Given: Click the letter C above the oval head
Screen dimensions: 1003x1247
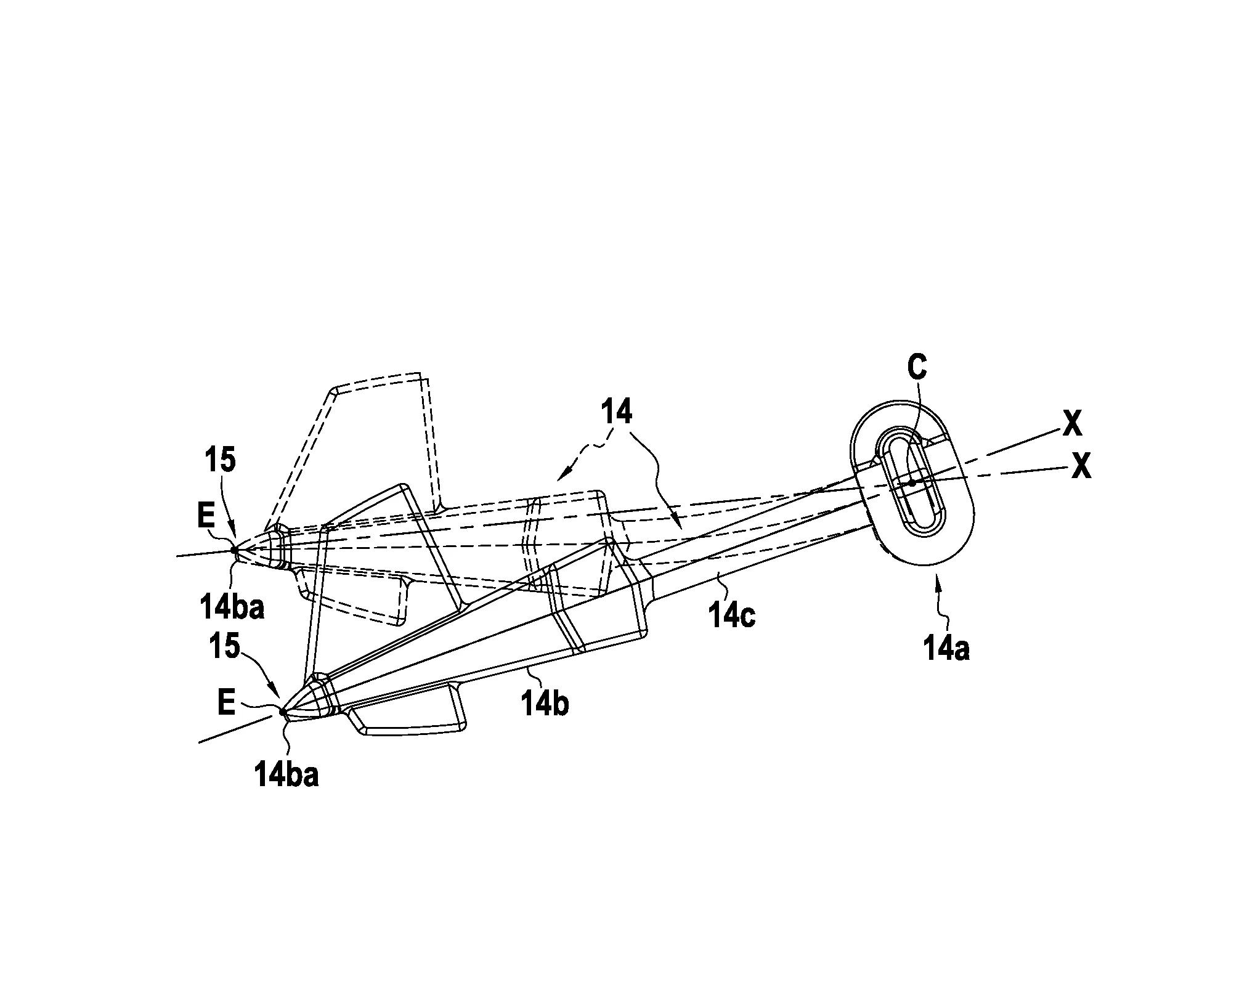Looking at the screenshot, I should pos(917,368).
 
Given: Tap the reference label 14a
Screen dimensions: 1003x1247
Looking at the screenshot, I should pos(946,649).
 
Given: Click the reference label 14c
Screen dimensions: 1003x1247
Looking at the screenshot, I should pos(733,615).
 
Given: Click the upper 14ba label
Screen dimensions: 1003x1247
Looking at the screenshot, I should pos(231,607).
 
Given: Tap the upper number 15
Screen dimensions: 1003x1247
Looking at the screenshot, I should pos(222,461).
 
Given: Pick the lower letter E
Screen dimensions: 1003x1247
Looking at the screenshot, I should pos(226,703).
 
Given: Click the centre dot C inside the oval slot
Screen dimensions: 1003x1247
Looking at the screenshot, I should pos(912,483).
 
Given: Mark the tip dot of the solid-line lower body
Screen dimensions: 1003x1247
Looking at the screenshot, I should pos(283,712).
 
